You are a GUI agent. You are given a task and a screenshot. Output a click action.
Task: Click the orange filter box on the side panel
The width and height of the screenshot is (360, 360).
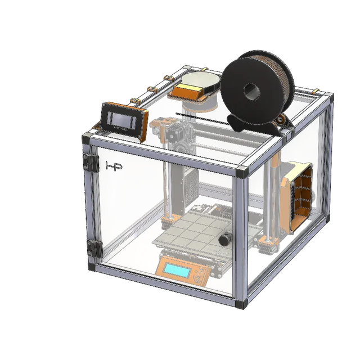pyautogui.click(x=296, y=197)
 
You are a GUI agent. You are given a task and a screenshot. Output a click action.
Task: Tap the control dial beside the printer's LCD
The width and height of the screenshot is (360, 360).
pyautogui.click(x=197, y=277)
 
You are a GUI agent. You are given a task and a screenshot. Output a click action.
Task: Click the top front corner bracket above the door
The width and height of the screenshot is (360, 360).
pyautogui.click(x=244, y=171)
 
